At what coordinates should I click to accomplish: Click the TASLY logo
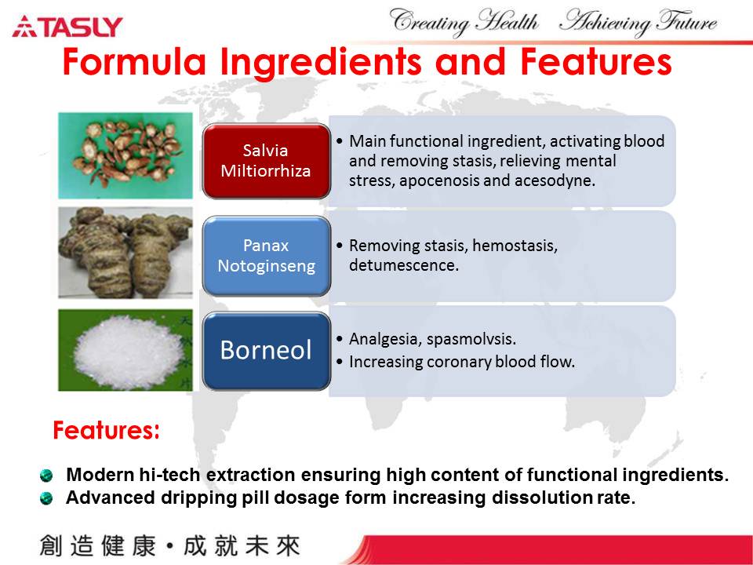pos(67,27)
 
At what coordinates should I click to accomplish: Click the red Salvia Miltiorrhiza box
pos(266,161)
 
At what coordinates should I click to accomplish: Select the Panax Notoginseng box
pos(266,256)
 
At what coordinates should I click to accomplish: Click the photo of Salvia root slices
pos(125,155)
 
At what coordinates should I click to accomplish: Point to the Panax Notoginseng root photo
pos(125,253)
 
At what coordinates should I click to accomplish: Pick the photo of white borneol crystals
pos(125,350)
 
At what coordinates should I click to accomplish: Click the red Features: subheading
pos(106,430)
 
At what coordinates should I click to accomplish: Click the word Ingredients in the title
pos(320,63)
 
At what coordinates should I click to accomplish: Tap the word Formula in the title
pos(134,62)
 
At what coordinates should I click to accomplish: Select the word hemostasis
pos(515,246)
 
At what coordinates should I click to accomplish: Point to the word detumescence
pos(404,265)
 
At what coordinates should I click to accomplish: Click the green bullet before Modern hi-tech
pos(46,476)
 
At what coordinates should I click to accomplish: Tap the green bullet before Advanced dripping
pos(46,498)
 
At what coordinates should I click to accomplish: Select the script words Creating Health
pos(464,22)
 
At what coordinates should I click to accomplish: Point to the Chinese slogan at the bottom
pos(170,546)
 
